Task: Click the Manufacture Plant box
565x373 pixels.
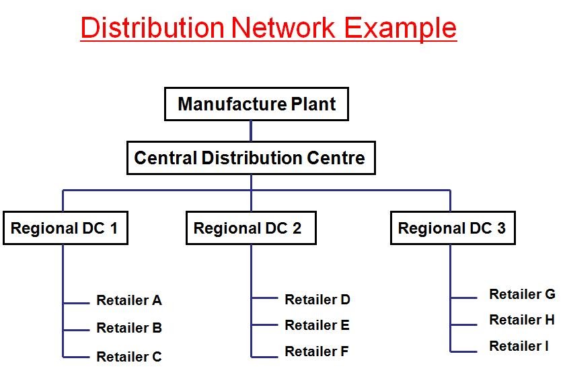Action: [256, 104]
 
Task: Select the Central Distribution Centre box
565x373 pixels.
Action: [250, 158]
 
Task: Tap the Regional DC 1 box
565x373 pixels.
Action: [65, 228]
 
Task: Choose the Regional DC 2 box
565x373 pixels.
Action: [250, 228]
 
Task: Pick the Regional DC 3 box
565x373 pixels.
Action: [452, 228]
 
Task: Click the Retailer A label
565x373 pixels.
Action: [129, 300]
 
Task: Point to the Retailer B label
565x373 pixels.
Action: [129, 329]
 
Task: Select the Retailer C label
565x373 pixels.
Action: [129, 357]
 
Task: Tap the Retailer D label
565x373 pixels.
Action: [317, 300]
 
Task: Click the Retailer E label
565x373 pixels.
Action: [317, 325]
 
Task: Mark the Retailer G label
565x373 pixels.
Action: [522, 294]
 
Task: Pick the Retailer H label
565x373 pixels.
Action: [522, 320]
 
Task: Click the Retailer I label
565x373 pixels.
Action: [519, 346]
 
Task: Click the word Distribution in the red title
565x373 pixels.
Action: [152, 28]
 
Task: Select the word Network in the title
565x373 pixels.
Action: [282, 28]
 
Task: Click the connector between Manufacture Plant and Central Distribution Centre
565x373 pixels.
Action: [251, 131]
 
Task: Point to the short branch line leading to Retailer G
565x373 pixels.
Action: [464, 298]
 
